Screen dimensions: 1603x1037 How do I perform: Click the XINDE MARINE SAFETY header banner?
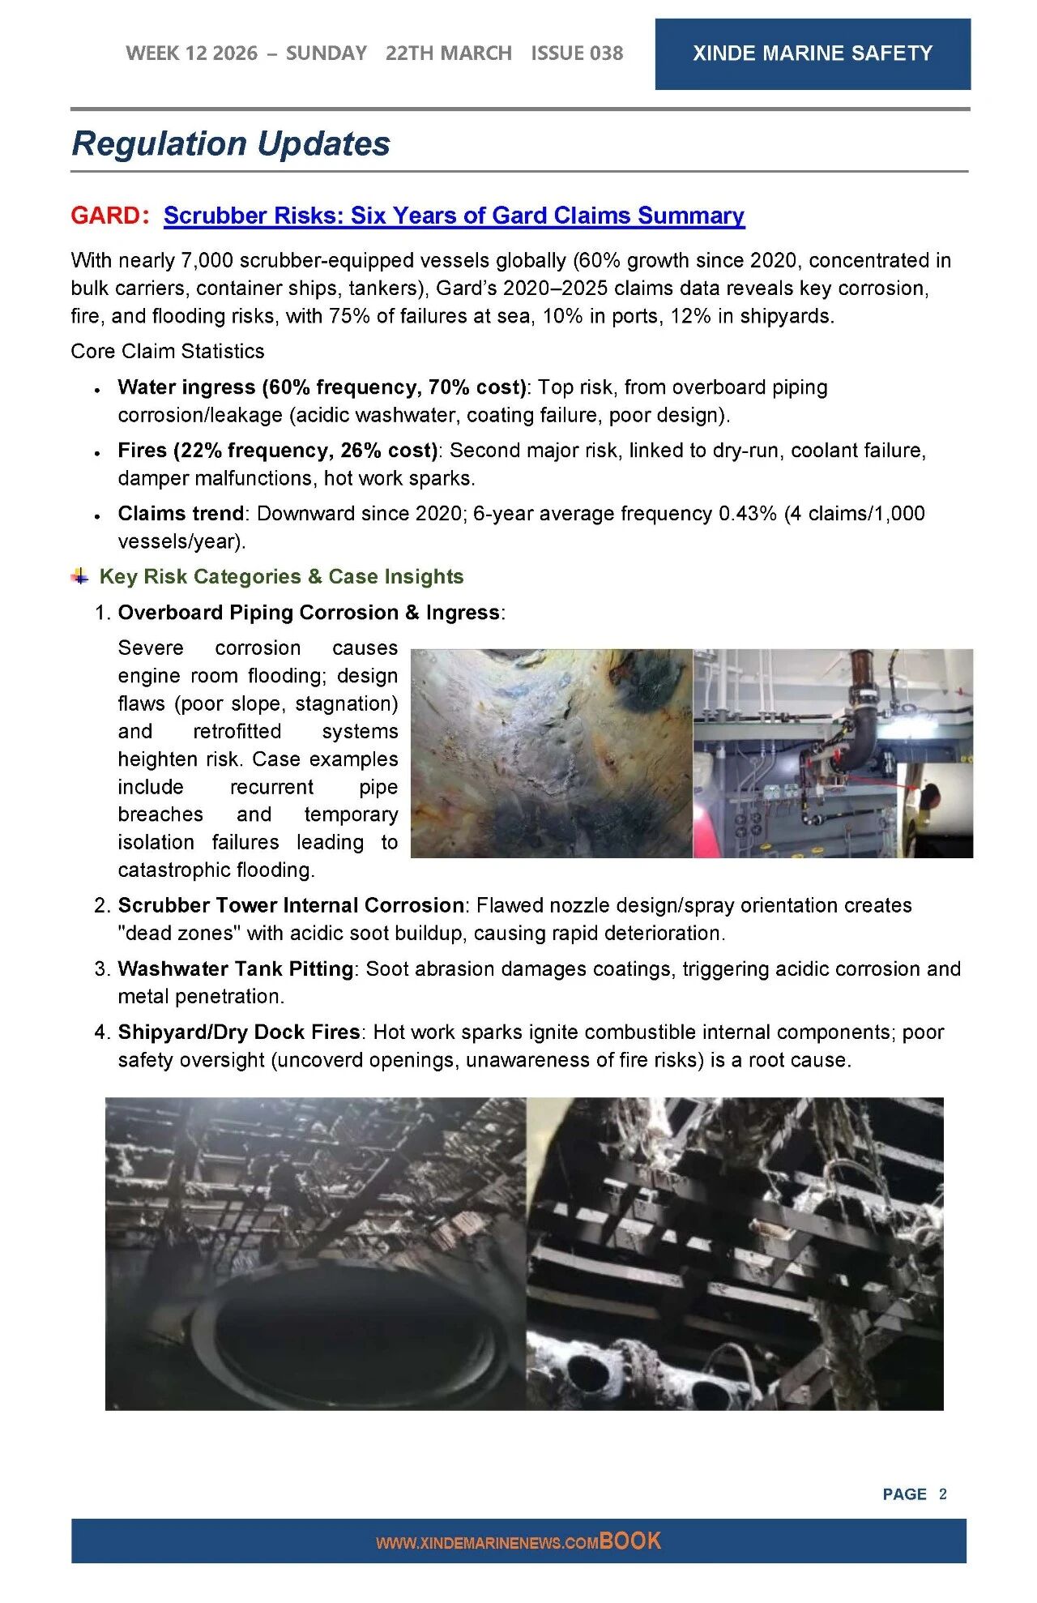click(812, 53)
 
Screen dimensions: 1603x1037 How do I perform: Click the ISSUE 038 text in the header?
click(577, 53)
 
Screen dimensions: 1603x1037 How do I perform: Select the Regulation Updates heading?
click(231, 143)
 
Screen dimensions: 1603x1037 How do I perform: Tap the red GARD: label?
click(109, 216)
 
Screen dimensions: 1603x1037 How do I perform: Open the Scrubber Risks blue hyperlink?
click(454, 216)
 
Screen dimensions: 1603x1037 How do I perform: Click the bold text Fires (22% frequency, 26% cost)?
click(277, 451)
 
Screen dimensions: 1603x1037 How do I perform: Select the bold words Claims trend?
click(181, 514)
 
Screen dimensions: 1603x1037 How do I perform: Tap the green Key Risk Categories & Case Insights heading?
click(281, 577)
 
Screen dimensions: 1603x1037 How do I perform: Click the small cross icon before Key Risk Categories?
click(79, 577)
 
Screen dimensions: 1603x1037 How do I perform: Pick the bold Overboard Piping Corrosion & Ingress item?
click(309, 613)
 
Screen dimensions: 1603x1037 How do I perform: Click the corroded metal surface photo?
click(551, 753)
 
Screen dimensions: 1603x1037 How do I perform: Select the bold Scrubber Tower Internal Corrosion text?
click(291, 905)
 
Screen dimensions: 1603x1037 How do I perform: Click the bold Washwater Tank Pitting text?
click(236, 969)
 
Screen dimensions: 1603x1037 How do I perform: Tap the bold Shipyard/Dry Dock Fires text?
click(239, 1032)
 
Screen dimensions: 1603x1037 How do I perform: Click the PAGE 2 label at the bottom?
click(914, 1494)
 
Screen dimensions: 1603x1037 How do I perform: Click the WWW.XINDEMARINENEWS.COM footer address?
click(487, 1543)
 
